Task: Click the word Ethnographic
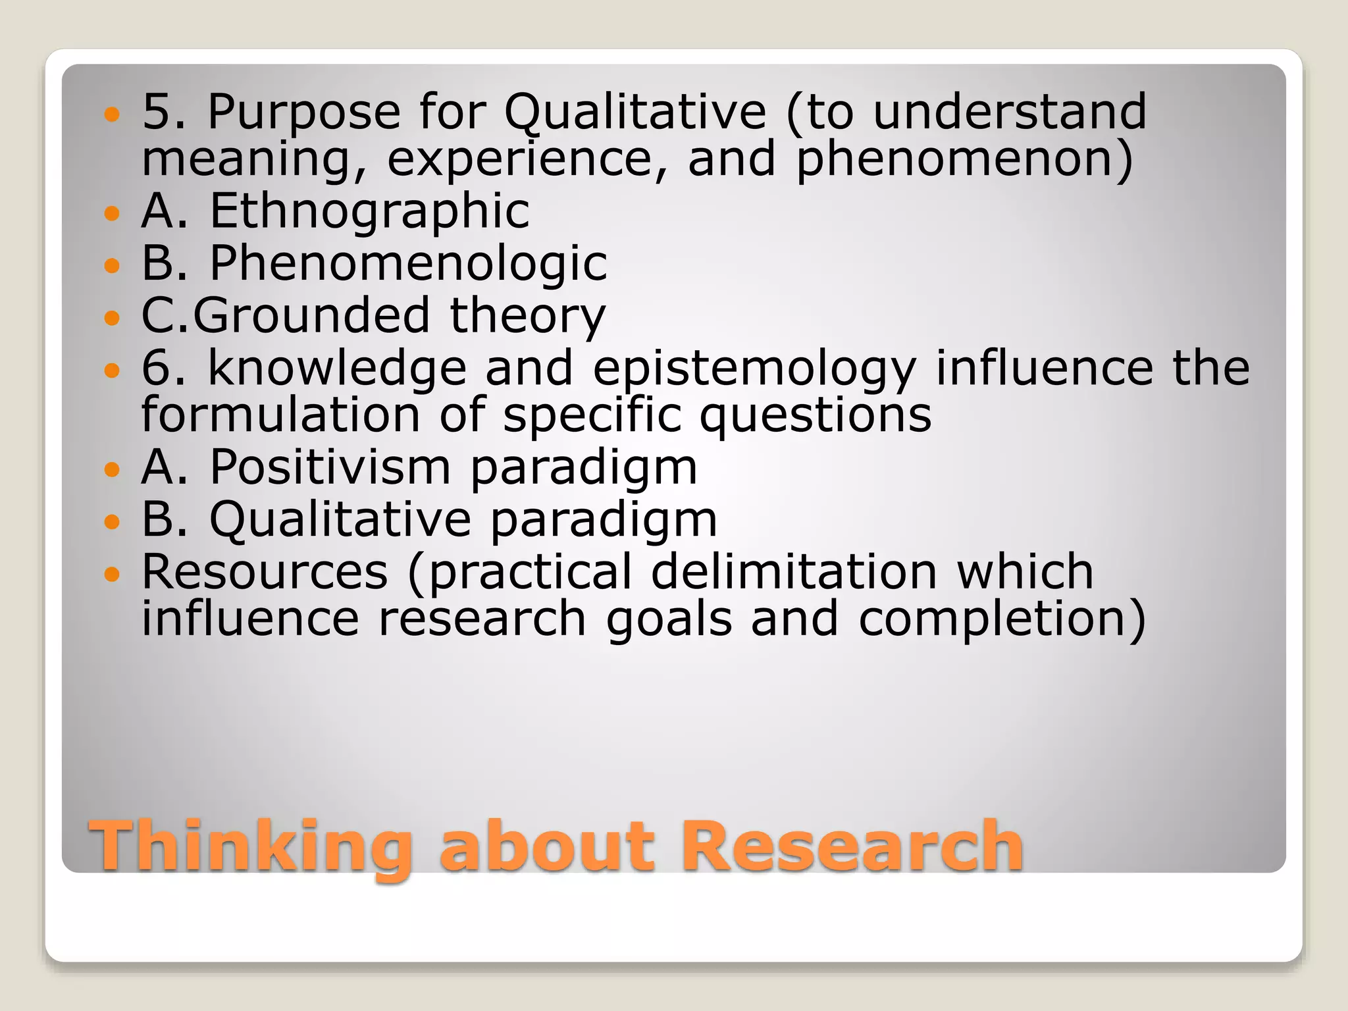coord(369,211)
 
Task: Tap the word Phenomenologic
coord(408,263)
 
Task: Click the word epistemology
coord(754,369)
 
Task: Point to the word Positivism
coord(330,467)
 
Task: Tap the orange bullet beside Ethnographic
coord(113,213)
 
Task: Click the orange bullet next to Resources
coord(113,573)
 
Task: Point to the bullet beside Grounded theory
coord(113,318)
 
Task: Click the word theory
coord(527,317)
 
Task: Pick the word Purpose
coord(304,111)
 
